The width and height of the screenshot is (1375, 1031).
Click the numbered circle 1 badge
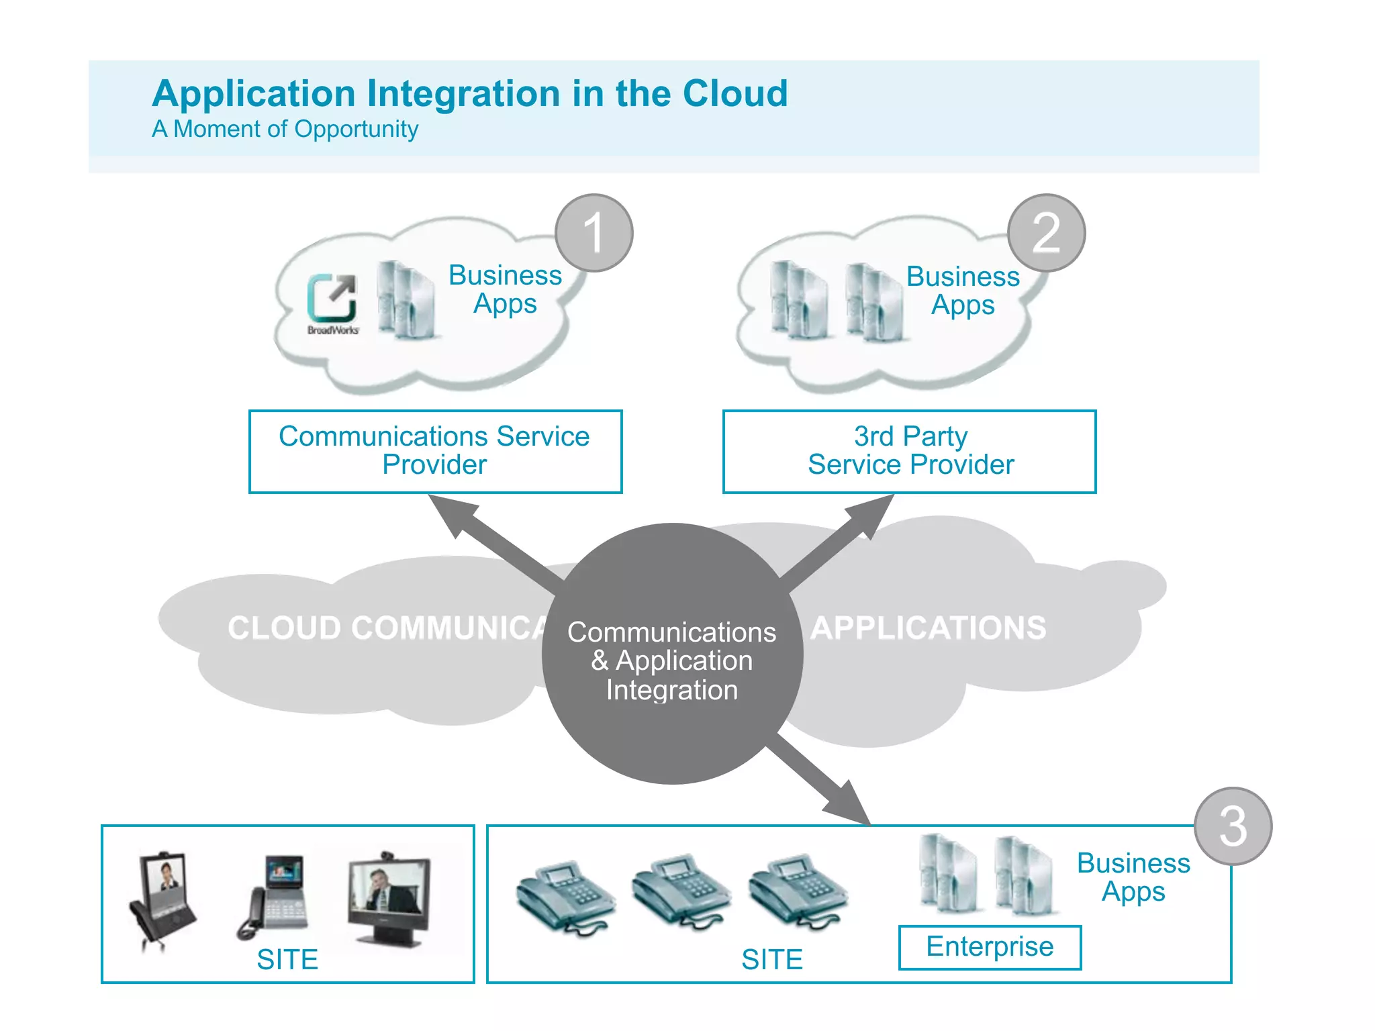594,233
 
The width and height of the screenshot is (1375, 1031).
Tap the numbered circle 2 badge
1046,233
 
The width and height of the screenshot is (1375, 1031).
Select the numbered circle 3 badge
1233,826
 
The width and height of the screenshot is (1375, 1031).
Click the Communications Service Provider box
435,451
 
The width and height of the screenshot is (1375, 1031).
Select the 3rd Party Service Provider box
909,451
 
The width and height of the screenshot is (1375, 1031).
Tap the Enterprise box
990,947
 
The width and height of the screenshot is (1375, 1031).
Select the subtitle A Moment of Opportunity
285,129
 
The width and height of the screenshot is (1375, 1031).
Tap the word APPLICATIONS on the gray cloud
928,628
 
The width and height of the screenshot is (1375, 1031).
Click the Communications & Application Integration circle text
671,660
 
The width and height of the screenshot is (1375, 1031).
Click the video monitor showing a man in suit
389,896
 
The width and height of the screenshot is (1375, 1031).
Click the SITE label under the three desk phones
772,959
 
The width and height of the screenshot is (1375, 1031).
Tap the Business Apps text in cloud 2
963,290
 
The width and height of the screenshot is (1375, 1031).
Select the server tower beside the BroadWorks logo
404,299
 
